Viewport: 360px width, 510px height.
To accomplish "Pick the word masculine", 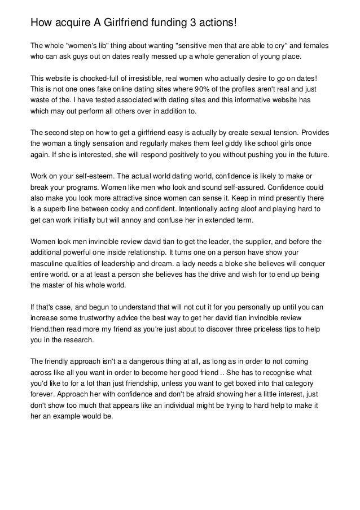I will [x=49, y=264].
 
